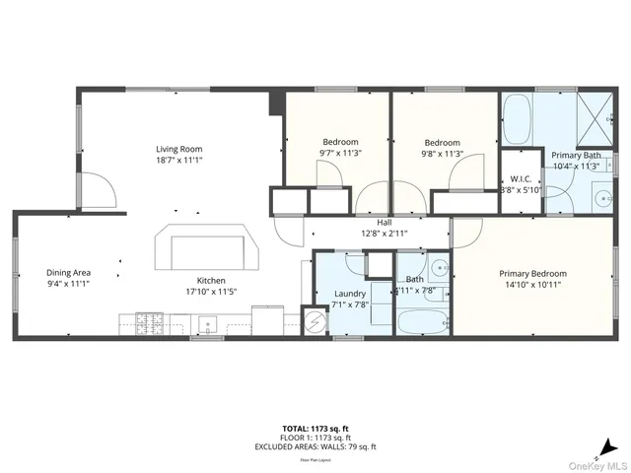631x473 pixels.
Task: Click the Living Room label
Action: coord(178,149)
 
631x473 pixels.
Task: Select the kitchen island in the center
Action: coord(208,250)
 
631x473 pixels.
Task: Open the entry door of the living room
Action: coord(95,189)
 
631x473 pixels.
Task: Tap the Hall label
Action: coord(369,222)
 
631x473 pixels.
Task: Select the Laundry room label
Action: coord(350,294)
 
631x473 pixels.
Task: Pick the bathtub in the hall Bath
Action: coord(423,321)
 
